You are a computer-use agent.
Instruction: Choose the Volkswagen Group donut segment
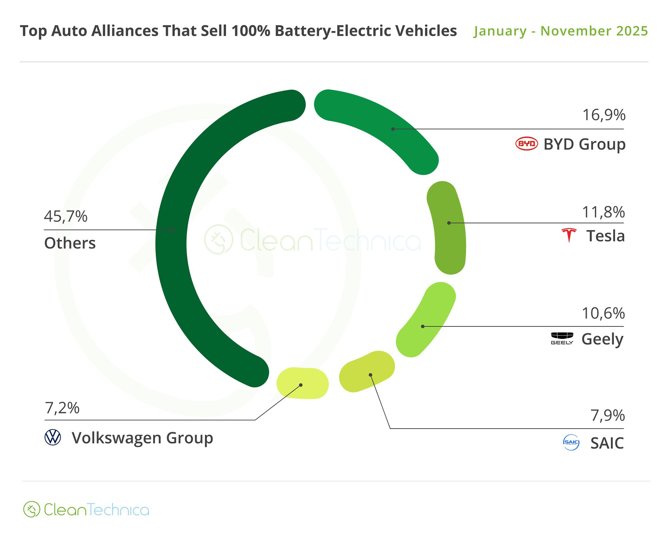[303, 383]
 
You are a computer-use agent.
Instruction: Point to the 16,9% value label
[604, 115]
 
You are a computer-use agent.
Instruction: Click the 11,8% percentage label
[603, 212]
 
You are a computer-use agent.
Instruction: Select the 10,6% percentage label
[603, 314]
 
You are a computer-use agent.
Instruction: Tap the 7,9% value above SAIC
[608, 416]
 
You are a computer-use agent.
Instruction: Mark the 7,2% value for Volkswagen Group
[62, 408]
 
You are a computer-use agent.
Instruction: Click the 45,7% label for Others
[66, 216]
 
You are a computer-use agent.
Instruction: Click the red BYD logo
[526, 144]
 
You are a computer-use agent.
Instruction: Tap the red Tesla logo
[569, 235]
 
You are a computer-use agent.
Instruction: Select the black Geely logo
[562, 338]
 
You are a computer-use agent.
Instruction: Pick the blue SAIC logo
[571, 442]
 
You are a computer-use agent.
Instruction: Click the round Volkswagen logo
[53, 437]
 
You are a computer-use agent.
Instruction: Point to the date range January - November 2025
[561, 31]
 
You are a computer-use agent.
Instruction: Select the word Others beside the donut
[70, 243]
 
